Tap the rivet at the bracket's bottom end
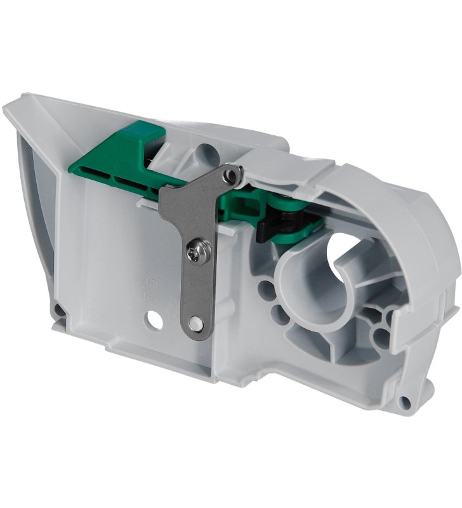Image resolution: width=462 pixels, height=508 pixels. (x=197, y=324)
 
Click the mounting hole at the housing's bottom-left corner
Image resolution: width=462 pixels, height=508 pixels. (x=58, y=311)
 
